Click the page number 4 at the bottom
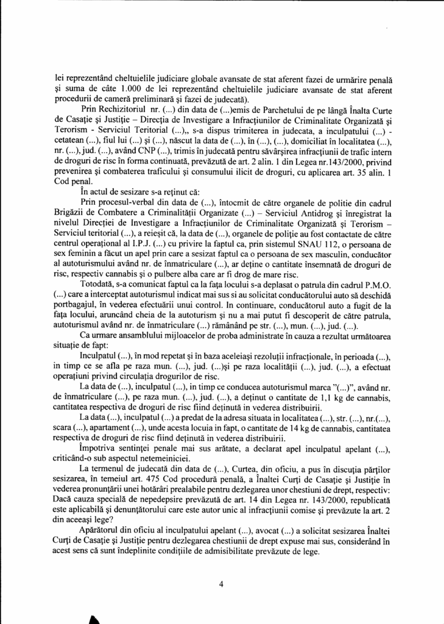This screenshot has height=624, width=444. coord(222,584)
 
